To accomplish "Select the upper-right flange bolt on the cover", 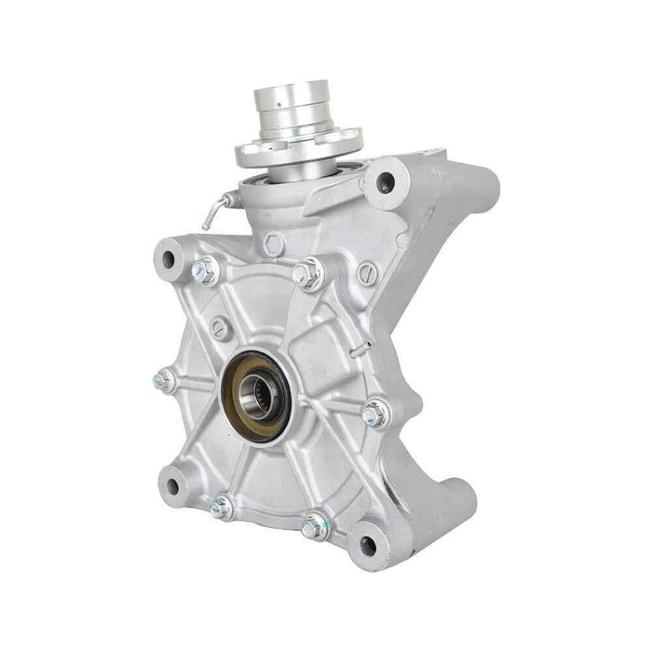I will point(308,274).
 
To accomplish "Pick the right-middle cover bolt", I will point(374,412).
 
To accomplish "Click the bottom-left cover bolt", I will point(222,508).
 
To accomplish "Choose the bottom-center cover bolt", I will point(316,527).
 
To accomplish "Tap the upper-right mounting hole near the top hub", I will point(382,183).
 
